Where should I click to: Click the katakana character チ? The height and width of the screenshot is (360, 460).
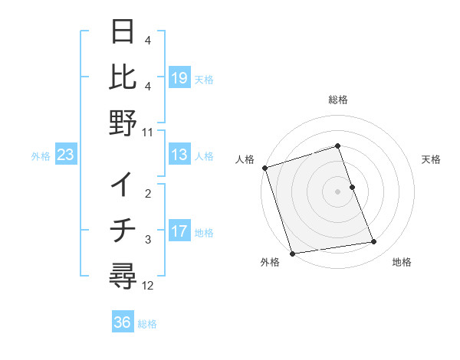pyautogui.click(x=123, y=230)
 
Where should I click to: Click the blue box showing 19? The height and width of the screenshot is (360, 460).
pyautogui.click(x=179, y=78)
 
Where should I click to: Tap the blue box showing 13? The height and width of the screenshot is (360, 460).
pyautogui.click(x=179, y=155)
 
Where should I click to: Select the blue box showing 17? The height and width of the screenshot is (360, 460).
pyautogui.click(x=179, y=231)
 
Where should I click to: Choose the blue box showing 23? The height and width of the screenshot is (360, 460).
pyautogui.click(x=66, y=155)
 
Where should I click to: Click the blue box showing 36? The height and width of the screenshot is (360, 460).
pyautogui.click(x=123, y=322)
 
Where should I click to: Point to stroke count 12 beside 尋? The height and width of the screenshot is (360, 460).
pyautogui.click(x=148, y=286)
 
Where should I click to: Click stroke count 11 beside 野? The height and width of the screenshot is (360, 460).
pyautogui.click(x=148, y=132)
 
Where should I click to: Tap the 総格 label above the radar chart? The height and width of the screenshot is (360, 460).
pyautogui.click(x=338, y=100)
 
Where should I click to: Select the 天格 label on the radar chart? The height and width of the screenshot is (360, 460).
pyautogui.click(x=432, y=159)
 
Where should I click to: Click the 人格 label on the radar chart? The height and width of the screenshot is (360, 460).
pyautogui.click(x=245, y=159)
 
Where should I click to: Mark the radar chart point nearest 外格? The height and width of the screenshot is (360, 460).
pyautogui.click(x=292, y=254)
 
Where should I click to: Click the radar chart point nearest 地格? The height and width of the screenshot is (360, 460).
pyautogui.click(x=374, y=242)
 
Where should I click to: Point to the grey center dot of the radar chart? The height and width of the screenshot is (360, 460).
pyautogui.click(x=338, y=191)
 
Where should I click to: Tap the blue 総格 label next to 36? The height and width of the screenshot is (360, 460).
pyautogui.click(x=147, y=323)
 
